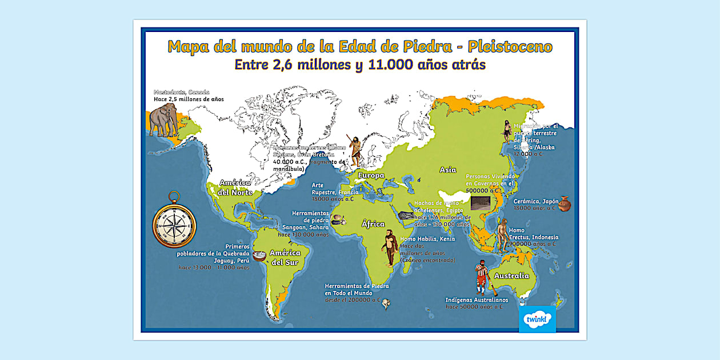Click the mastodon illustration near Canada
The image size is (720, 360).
pyautogui.click(x=163, y=119)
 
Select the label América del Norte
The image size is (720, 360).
pyautogui.click(x=234, y=187)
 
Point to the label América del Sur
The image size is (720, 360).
pyautogui.click(x=285, y=257)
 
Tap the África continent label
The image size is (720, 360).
pyautogui.click(x=373, y=225)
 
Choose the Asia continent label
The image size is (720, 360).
pyautogui.click(x=447, y=170)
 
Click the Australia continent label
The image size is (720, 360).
pyautogui.click(x=511, y=276)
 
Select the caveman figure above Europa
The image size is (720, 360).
pyautogui.click(x=355, y=150)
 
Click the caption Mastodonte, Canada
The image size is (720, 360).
pyautogui.click(x=181, y=92)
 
